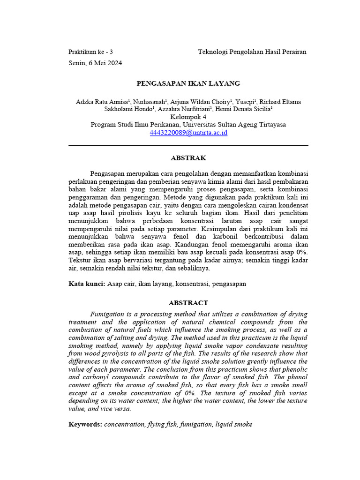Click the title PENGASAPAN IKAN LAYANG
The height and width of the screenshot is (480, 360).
coord(188,83)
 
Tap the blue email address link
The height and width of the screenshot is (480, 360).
coord(188,133)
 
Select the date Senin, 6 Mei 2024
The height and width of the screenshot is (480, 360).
coord(95,63)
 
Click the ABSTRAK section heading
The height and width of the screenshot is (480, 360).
coord(188,158)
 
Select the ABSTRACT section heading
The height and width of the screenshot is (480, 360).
coord(188,303)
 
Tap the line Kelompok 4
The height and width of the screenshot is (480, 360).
coord(188,117)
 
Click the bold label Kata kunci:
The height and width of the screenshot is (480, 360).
coord(87,284)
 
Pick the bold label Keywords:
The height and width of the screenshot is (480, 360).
coord(85,424)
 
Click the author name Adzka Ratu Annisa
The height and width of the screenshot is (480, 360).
coord(101,102)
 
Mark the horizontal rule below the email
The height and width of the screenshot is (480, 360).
coord(188,145)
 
